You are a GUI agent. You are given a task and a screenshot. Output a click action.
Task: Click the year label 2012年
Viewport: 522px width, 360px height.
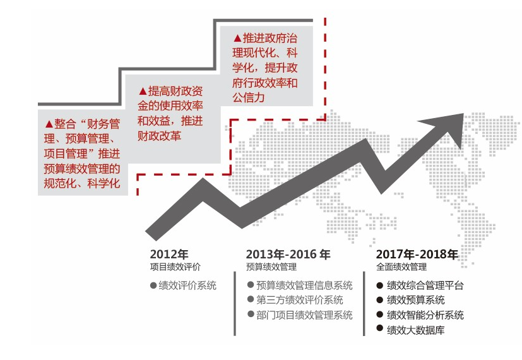(x=169, y=254)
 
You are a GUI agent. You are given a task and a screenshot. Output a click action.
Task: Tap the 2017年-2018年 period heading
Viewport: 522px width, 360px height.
(x=417, y=254)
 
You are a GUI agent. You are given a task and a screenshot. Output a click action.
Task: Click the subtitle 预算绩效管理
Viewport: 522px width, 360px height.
(x=271, y=267)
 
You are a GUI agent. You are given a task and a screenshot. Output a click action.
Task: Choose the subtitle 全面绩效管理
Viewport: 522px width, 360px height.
(x=401, y=267)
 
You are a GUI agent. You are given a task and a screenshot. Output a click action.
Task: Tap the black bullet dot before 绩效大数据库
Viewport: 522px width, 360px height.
(x=380, y=328)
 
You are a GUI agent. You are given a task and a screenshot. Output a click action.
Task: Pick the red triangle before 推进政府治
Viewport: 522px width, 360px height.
(x=237, y=39)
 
